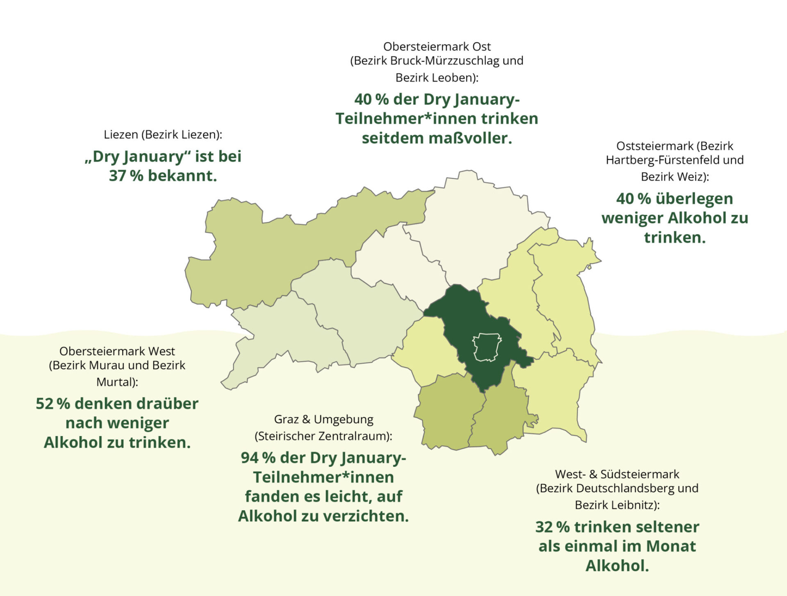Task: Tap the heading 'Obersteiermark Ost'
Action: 437,46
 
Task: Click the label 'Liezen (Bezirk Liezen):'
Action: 163,135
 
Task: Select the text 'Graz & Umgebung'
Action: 323,419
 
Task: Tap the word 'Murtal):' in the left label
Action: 117,382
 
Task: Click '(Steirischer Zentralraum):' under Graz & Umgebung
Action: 323,436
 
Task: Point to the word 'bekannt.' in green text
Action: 182,176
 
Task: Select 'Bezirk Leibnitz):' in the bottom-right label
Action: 617,505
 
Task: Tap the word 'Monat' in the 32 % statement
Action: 671,546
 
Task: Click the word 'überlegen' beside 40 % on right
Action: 694,199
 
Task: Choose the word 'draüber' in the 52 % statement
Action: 167,404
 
